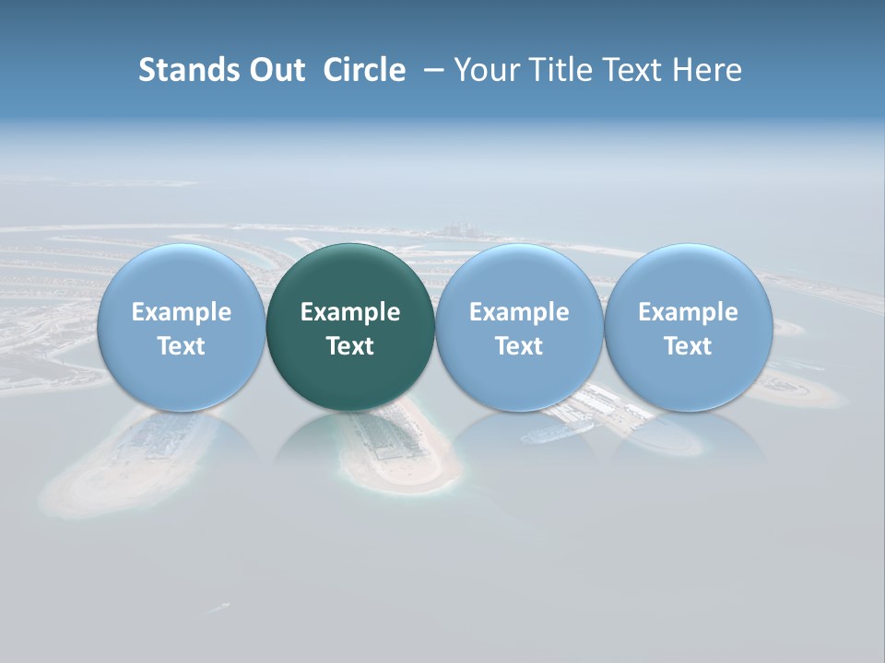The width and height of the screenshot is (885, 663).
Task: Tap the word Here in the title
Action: click(x=709, y=70)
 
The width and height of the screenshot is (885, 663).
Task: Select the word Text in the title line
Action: click(x=632, y=70)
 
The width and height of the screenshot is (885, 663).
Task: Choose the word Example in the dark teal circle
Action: click(x=350, y=312)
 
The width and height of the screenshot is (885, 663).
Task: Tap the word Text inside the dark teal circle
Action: click(x=350, y=346)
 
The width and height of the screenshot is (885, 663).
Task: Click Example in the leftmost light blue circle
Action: click(x=182, y=312)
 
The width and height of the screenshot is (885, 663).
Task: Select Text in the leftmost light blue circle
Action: click(x=182, y=346)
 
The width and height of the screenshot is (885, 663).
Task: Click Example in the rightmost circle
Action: click(x=688, y=312)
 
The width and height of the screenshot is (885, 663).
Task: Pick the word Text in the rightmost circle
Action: click(x=688, y=346)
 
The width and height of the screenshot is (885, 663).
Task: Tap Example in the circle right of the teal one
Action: click(x=519, y=312)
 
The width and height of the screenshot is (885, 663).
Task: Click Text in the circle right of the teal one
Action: click(x=519, y=346)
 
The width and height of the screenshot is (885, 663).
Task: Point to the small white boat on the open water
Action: click(x=218, y=608)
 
